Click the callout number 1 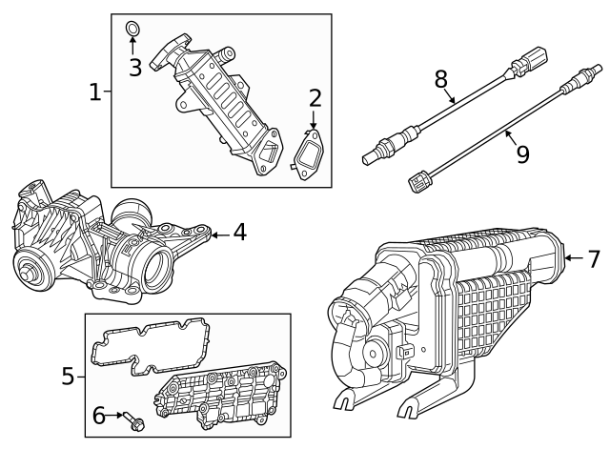94,92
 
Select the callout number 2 315,98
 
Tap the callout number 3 135,67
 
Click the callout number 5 68,377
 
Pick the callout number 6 98,415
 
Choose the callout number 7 593,257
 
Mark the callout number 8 441,78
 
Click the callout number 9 522,153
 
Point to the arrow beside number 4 218,233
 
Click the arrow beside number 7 572,257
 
